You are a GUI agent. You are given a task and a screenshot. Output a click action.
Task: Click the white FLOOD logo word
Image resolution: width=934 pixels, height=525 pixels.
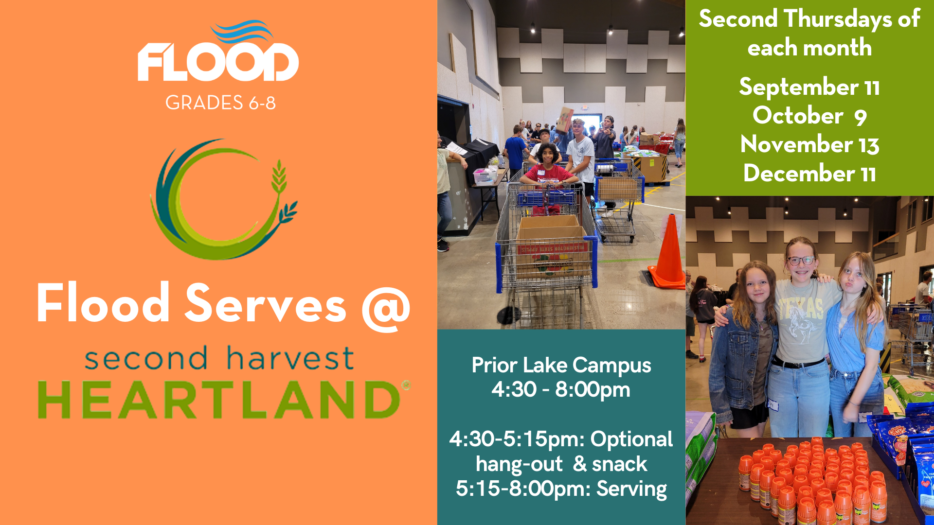pyautogui.click(x=218, y=62)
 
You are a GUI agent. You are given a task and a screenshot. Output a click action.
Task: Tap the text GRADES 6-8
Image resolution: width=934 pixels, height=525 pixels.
pyautogui.click(x=220, y=103)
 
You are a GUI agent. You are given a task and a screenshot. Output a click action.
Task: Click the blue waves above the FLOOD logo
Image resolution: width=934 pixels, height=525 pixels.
pyautogui.click(x=242, y=31)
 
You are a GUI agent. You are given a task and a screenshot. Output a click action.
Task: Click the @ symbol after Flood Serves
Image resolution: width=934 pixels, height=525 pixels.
pyautogui.click(x=386, y=308)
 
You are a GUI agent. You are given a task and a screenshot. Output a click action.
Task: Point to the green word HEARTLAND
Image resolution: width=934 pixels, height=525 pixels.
pyautogui.click(x=219, y=400)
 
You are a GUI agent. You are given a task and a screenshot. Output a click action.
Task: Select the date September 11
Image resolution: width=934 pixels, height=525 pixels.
pyautogui.click(x=809, y=87)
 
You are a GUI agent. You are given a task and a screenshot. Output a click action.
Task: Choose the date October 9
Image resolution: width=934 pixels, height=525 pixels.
pyautogui.click(x=809, y=116)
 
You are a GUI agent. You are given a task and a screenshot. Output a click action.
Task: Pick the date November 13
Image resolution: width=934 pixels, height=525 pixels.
pyautogui.click(x=809, y=144)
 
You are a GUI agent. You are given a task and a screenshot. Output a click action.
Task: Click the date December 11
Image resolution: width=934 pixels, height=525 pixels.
pyautogui.click(x=809, y=173)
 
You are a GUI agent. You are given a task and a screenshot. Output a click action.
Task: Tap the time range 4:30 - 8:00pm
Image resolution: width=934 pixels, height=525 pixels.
pyautogui.click(x=561, y=390)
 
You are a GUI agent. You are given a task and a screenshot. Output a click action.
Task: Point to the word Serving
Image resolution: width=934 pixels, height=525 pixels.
pyautogui.click(x=631, y=489)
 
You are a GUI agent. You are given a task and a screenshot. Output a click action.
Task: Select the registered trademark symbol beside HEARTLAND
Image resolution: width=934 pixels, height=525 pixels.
pyautogui.click(x=406, y=385)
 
